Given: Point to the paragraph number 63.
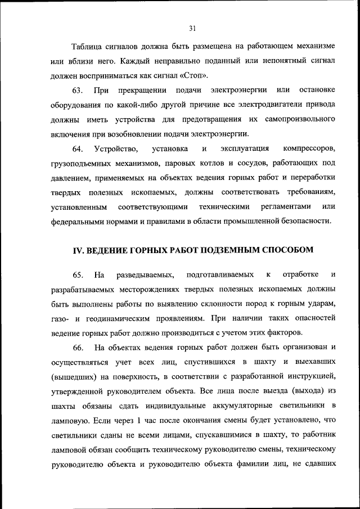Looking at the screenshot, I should [x=78, y=91].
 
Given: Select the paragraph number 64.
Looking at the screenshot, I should [x=78, y=149].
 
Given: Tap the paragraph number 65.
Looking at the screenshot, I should [x=78, y=274].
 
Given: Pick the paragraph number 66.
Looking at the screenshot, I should [x=78, y=348].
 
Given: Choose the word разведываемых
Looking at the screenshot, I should [x=146, y=274].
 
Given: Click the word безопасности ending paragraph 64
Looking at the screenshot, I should [x=296, y=222].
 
